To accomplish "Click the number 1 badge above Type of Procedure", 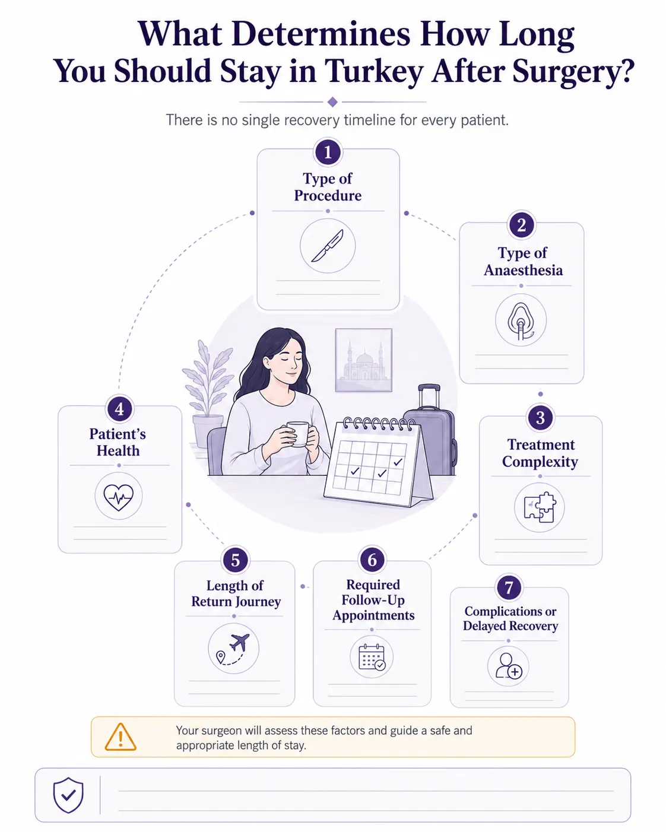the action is pos(328,153).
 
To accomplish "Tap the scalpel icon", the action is pos(328,246).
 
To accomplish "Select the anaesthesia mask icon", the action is pos(521,320).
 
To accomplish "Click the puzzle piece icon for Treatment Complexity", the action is pos(540,507).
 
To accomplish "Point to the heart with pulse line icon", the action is pos(118,497).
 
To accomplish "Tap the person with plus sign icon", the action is pos(509,666).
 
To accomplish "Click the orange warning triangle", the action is pos(120,737).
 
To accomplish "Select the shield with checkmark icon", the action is pos(68,795).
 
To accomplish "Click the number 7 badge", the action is pos(509,588).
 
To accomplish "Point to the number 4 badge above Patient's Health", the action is pos(119,409).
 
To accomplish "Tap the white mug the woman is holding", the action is pos(298,434).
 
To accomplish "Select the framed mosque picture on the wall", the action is pos(363,360).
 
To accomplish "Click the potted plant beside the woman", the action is pos(208,393).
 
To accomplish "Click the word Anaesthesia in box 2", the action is pos(524,270).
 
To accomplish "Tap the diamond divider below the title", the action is pos(332,102).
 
